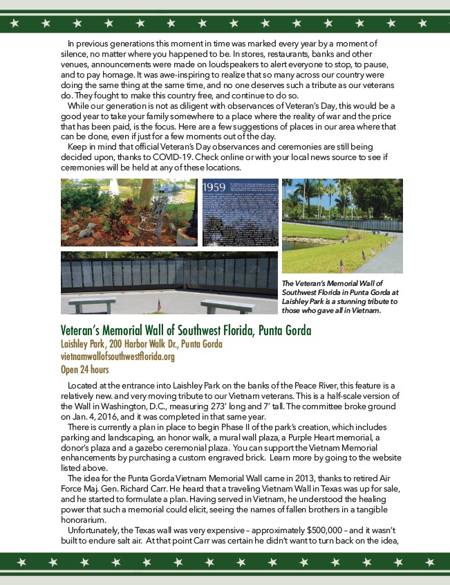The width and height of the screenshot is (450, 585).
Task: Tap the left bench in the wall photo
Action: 91,305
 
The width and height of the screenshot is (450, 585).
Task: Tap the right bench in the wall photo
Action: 227,305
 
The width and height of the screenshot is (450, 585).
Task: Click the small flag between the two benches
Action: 159,305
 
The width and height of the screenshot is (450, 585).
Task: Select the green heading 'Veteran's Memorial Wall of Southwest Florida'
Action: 186,330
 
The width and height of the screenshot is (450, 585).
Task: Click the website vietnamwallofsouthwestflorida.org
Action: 118,357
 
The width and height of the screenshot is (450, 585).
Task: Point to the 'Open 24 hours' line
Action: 84,369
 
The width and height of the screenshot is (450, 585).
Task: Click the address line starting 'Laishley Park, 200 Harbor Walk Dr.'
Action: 142,344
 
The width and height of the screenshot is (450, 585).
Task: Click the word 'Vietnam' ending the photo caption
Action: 365,310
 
